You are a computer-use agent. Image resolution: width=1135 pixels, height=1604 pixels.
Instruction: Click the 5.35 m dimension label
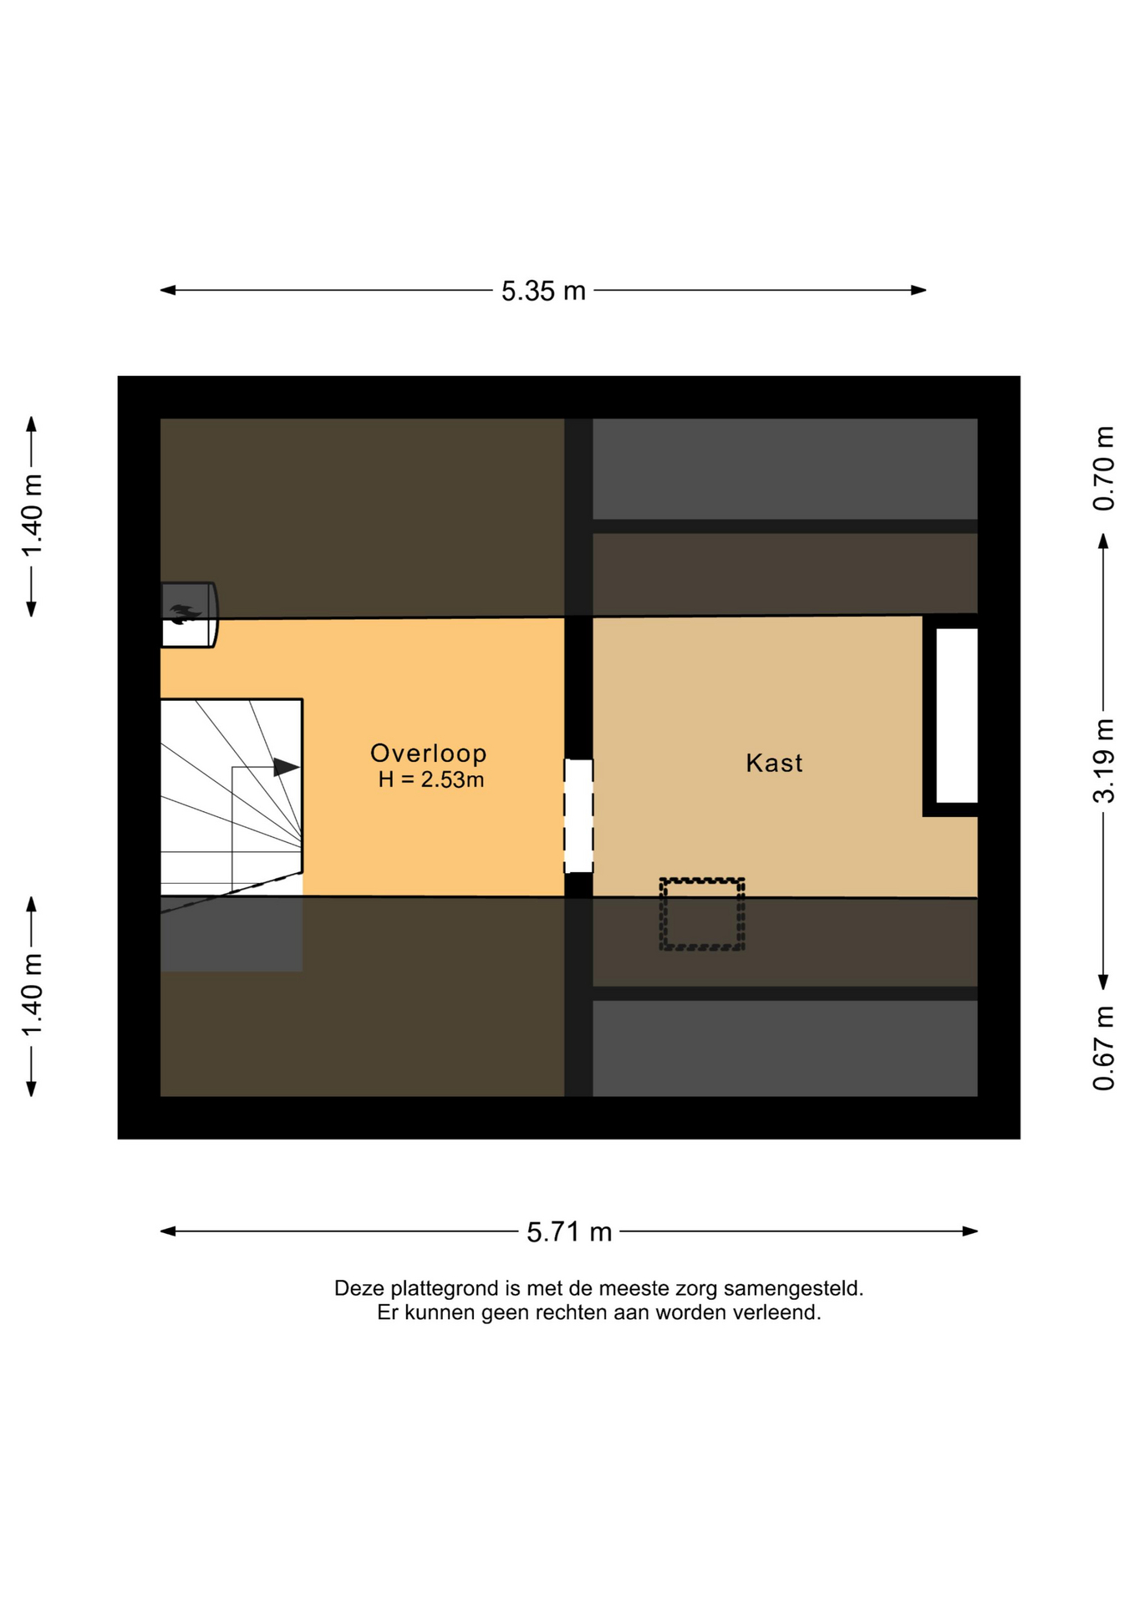point(543,291)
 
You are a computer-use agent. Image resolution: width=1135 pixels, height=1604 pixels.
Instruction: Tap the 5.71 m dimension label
point(569,1232)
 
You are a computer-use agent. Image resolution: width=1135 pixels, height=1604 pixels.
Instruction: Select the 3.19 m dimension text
point(1104,760)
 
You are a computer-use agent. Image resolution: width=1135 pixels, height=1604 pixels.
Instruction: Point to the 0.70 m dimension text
point(1104,469)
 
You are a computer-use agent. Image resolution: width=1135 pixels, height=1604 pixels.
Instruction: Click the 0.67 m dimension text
point(1104,1048)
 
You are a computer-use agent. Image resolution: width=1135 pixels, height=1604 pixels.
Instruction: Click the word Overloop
point(429,754)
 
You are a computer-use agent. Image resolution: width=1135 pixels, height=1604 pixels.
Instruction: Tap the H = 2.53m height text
point(431,780)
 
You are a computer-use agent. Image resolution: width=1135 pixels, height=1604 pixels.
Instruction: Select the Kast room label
point(774,763)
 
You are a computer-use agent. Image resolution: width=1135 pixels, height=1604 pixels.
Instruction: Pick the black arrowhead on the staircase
point(287,766)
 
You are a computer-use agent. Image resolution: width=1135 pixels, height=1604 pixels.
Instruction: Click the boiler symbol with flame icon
point(189,615)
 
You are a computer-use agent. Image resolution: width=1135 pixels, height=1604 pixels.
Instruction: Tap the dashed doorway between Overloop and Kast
point(578,815)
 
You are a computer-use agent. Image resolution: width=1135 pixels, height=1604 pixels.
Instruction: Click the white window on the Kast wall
point(956,715)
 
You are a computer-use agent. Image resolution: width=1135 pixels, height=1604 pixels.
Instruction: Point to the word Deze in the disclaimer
point(359,1288)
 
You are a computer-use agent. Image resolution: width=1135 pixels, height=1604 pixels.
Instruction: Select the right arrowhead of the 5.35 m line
point(919,291)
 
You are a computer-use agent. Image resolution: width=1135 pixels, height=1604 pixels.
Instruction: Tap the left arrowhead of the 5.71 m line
point(168,1231)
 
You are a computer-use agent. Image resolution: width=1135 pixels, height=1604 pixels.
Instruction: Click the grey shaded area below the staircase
point(232,935)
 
